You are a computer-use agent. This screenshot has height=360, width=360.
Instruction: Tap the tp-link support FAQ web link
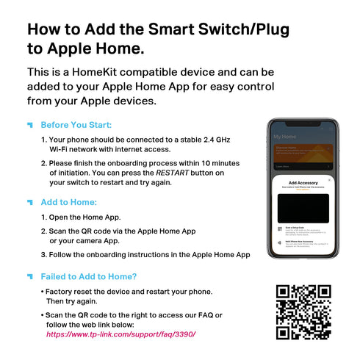(121, 334)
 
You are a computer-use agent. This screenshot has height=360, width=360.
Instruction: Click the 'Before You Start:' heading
(76, 125)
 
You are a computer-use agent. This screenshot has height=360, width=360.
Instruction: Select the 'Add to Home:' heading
(68, 201)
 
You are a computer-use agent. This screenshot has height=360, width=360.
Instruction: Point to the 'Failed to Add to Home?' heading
(89, 276)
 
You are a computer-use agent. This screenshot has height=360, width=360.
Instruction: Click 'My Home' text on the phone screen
(284, 137)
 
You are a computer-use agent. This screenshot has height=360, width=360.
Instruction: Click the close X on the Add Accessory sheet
(329, 179)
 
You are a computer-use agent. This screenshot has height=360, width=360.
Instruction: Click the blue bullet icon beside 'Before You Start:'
(30, 125)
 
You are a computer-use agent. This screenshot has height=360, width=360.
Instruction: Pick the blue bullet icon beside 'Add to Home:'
(30, 201)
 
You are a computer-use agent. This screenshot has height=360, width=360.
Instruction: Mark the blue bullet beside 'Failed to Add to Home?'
(30, 276)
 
